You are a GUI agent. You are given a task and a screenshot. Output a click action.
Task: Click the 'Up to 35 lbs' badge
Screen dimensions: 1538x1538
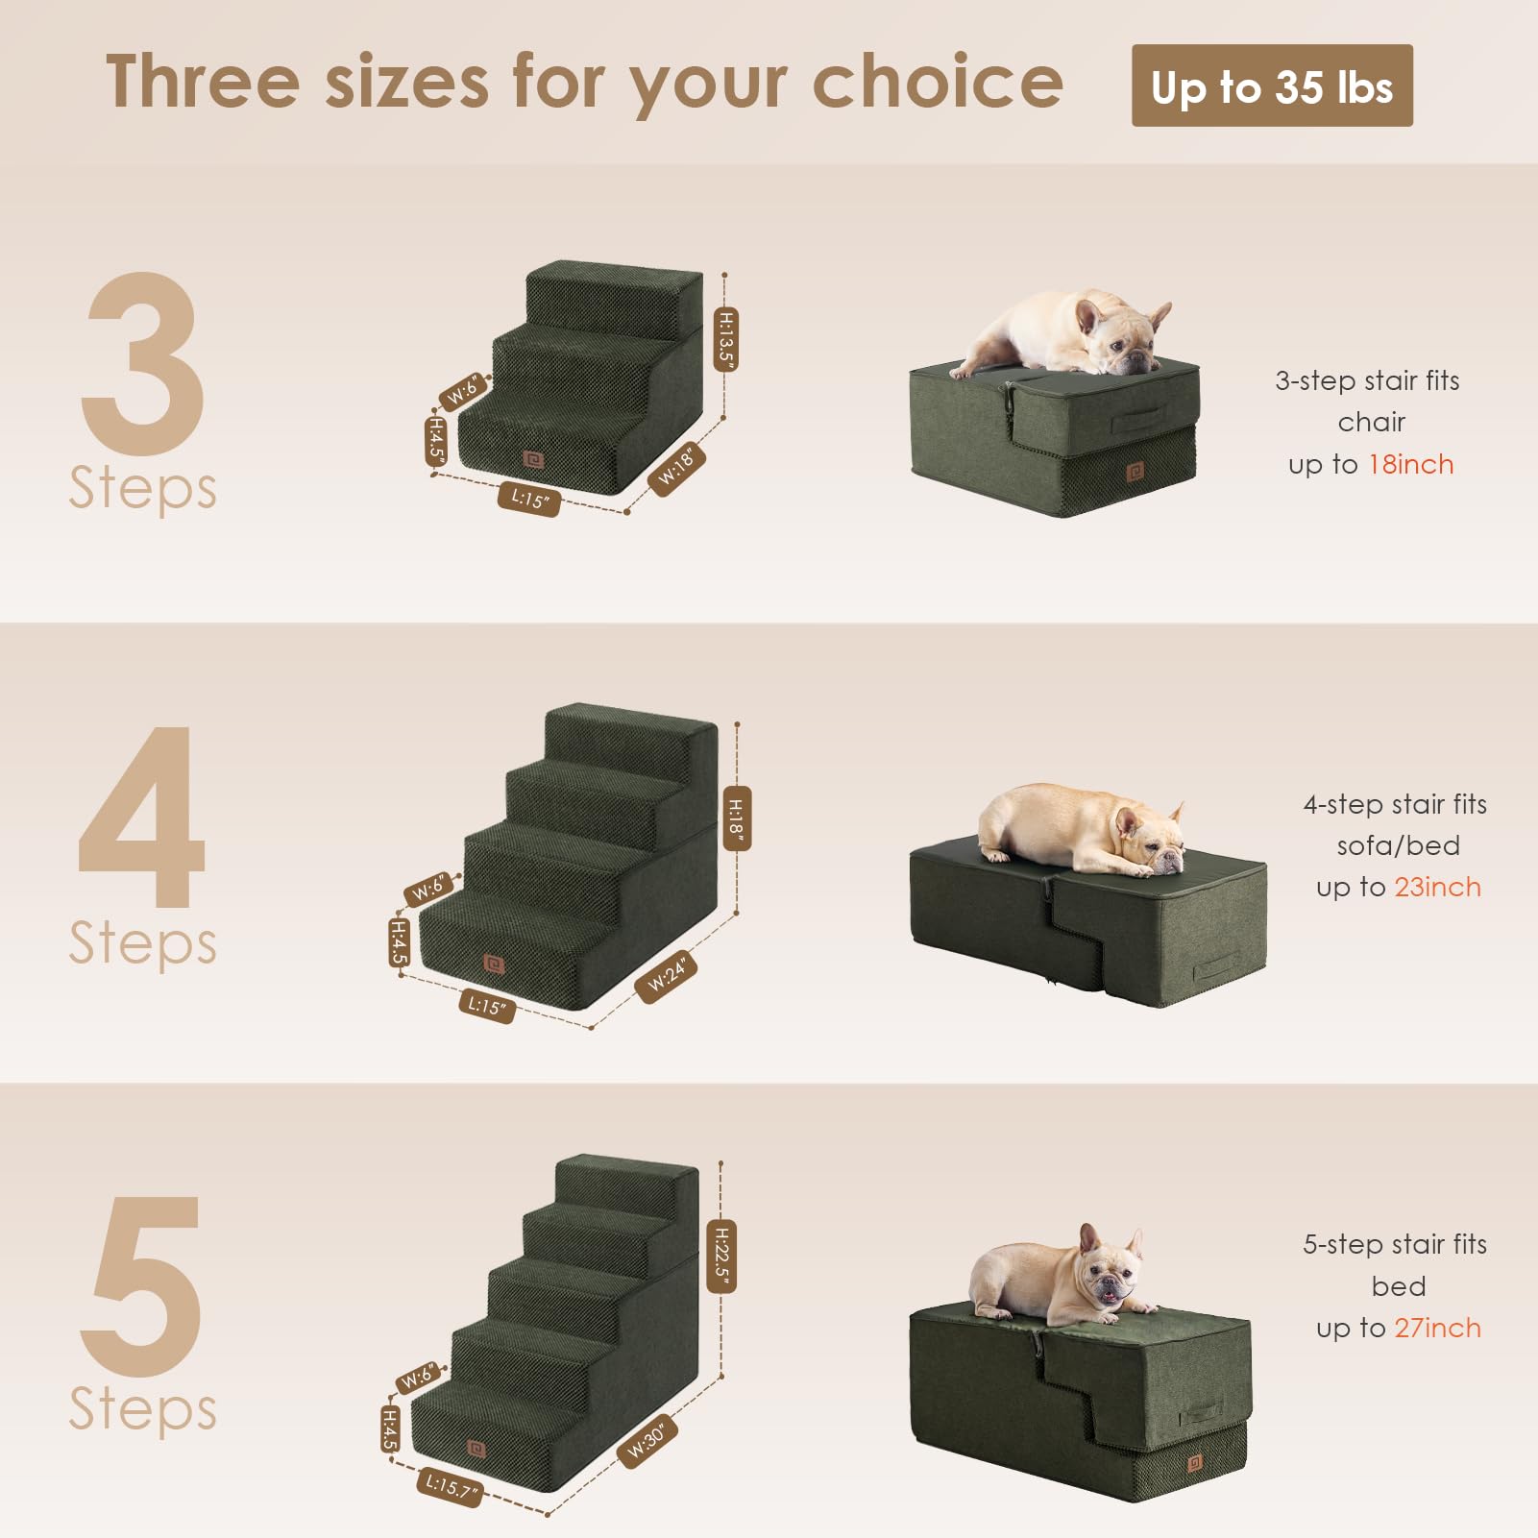(x=1271, y=85)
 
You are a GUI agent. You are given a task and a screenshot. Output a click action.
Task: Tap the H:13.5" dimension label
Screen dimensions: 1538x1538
(x=727, y=339)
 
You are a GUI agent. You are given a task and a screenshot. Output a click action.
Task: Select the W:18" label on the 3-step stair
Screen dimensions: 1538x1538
(x=678, y=469)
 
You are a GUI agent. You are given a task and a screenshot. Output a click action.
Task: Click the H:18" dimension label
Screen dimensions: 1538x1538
(x=736, y=818)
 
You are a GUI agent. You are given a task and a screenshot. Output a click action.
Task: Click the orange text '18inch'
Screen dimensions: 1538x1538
(x=1410, y=465)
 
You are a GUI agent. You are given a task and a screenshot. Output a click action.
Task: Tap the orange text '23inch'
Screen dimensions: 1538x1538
(x=1437, y=888)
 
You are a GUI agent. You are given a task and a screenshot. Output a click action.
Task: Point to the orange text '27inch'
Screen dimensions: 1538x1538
(x=1437, y=1329)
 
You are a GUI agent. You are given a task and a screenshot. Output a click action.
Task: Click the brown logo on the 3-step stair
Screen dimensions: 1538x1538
(x=534, y=460)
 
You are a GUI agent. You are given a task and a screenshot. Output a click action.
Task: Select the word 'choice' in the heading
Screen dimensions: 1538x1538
(x=938, y=83)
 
